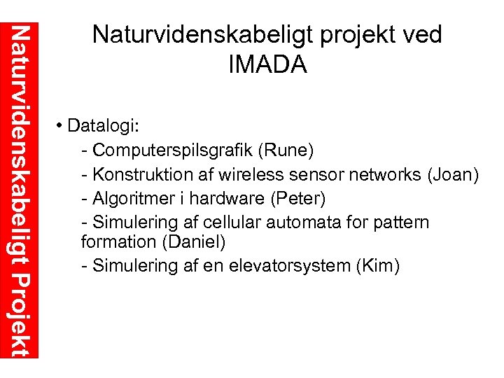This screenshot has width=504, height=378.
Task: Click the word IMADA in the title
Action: click(x=267, y=64)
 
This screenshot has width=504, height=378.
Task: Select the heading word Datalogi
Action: click(x=104, y=128)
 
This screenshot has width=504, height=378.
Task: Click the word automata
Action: click(x=299, y=222)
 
